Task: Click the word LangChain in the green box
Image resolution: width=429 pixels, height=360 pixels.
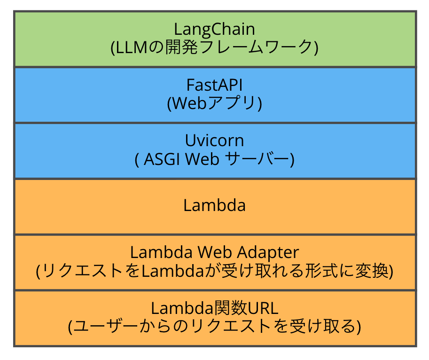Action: (x=214, y=30)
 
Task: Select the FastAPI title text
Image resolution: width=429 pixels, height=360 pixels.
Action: (x=214, y=85)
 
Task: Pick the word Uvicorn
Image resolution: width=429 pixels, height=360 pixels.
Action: (x=214, y=141)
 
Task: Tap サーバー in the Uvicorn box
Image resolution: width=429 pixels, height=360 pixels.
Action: (x=257, y=159)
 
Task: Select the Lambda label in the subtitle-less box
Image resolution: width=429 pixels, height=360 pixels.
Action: (x=214, y=205)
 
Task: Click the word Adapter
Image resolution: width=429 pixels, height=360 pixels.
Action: (x=268, y=252)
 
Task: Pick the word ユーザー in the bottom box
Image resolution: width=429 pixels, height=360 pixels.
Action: (x=105, y=326)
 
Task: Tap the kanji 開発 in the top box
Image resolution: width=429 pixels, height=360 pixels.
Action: (x=181, y=47)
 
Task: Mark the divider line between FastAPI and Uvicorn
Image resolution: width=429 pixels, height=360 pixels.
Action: (x=215, y=123)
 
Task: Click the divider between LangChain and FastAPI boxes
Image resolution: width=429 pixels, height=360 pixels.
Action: (x=215, y=67)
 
